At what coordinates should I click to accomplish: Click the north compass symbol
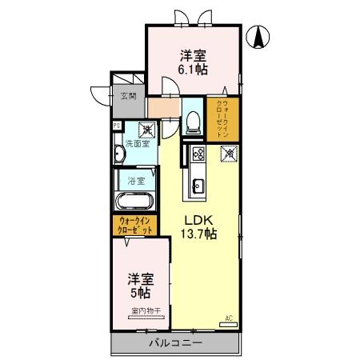260,36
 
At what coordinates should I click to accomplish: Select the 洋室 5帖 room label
141,286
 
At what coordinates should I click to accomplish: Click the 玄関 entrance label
128,96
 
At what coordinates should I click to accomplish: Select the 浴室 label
135,182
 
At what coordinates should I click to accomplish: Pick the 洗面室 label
137,144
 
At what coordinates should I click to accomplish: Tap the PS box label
117,126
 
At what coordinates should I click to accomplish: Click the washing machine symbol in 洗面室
147,128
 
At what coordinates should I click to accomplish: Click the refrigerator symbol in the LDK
229,151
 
